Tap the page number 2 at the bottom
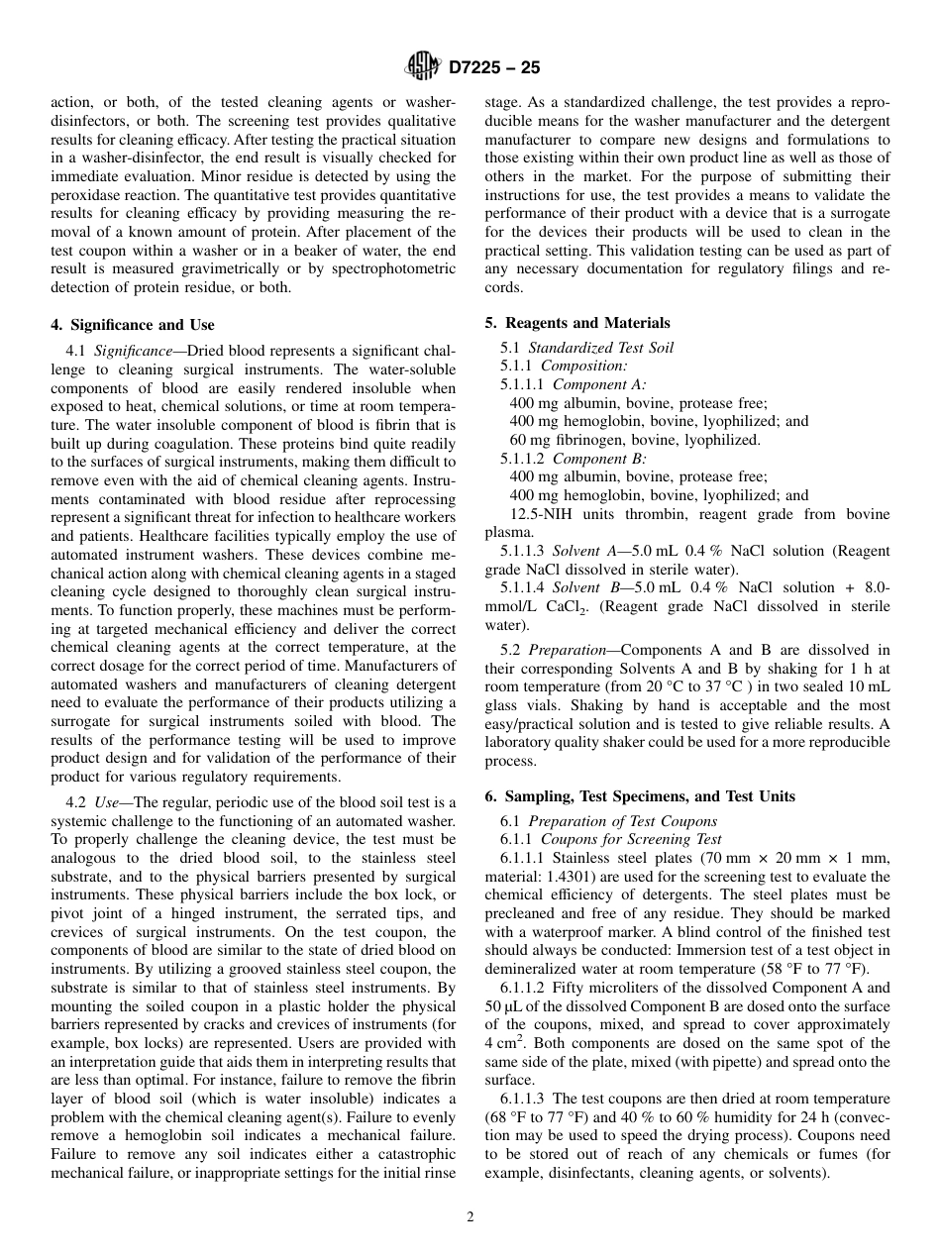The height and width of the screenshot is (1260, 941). point(470,1217)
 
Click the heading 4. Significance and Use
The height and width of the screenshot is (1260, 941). point(132,325)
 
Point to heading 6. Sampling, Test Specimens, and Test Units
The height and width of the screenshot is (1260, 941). point(639,796)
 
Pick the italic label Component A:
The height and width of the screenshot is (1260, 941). point(598,384)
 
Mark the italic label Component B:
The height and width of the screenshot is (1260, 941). point(598,459)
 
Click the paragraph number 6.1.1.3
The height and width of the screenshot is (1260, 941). point(523,1099)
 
